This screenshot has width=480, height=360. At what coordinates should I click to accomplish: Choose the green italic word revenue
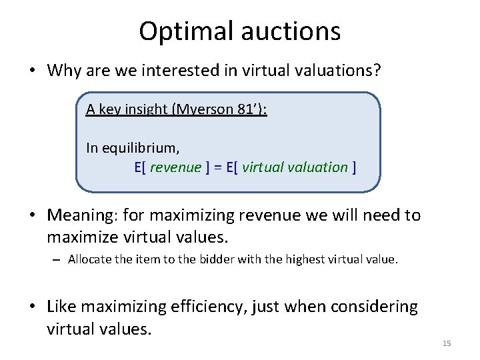(175, 167)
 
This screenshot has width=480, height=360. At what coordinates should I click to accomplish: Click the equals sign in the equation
(217, 167)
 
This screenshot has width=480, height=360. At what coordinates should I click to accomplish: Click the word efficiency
(213, 307)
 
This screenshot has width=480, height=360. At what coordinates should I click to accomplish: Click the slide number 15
(447, 343)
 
